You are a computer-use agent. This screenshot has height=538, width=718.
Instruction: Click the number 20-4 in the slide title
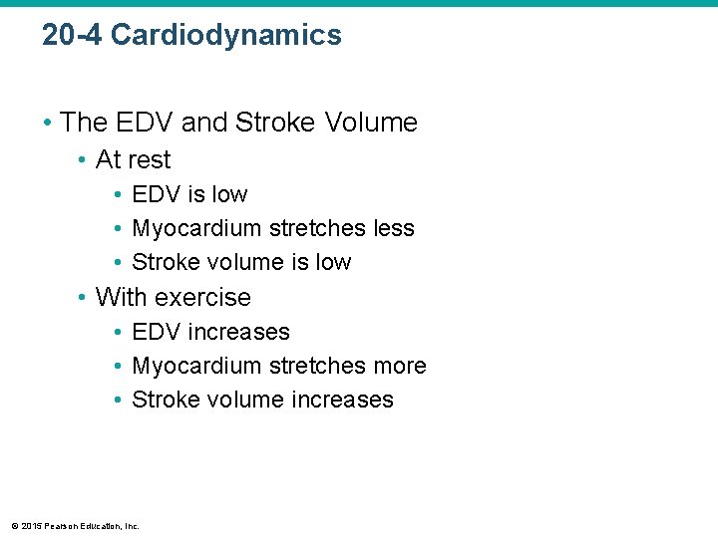pos(72,36)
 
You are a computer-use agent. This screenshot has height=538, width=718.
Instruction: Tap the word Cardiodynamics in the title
pos(226,36)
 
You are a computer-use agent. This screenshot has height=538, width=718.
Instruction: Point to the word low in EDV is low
pos(228,194)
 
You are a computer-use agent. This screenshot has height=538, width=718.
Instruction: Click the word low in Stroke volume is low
pos(332,262)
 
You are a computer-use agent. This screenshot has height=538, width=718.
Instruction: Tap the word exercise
pos(203,297)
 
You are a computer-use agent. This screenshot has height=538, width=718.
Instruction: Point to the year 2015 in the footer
pos(29,526)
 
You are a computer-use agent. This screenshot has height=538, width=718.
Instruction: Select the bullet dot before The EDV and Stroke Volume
pos(48,124)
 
